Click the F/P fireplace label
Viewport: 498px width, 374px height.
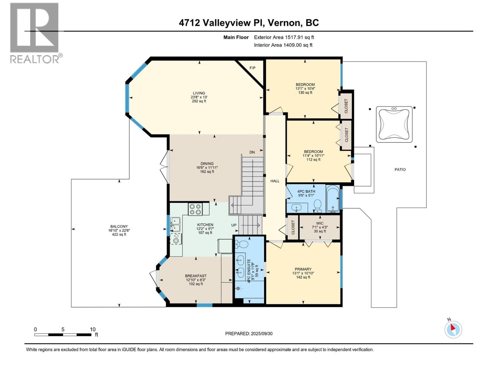[x=252, y=68]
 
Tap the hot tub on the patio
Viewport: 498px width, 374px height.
[x=394, y=124]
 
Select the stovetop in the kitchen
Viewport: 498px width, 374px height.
[x=195, y=209]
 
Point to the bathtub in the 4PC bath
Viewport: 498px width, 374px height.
[x=333, y=199]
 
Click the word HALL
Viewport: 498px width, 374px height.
[x=275, y=181]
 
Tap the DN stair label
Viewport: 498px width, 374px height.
[x=252, y=152]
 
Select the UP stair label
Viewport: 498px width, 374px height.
[x=234, y=225]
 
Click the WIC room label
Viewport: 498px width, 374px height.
[x=320, y=223]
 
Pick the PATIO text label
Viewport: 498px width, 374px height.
[x=400, y=170]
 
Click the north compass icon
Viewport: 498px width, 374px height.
[x=453, y=329]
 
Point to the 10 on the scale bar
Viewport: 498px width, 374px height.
[x=92, y=329]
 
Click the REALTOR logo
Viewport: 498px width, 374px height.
[x=35, y=33]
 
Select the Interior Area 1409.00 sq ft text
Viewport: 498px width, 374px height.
[x=283, y=45]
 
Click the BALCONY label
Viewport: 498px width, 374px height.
[x=119, y=227]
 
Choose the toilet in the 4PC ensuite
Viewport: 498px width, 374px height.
[x=242, y=244]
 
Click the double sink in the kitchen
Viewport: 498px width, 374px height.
[x=175, y=224]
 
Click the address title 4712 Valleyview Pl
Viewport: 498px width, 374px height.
[x=222, y=23]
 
